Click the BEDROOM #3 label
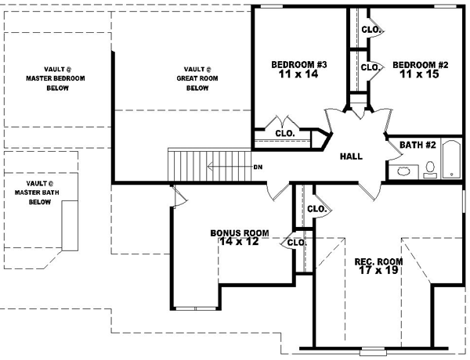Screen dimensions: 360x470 [x=294, y=64]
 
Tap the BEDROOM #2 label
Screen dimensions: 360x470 [x=414, y=64]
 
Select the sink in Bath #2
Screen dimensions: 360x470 [x=405, y=170]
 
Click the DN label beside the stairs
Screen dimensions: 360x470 [x=258, y=167]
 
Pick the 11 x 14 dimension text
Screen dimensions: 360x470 [x=294, y=75]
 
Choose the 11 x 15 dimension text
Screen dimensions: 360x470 [x=414, y=75]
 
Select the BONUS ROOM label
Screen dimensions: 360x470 [x=240, y=233]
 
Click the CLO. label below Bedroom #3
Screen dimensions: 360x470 [x=284, y=133]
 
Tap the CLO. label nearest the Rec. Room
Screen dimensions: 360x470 [x=316, y=209]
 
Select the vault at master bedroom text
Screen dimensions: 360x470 [x=56, y=78]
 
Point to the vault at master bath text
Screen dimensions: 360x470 [x=39, y=192]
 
